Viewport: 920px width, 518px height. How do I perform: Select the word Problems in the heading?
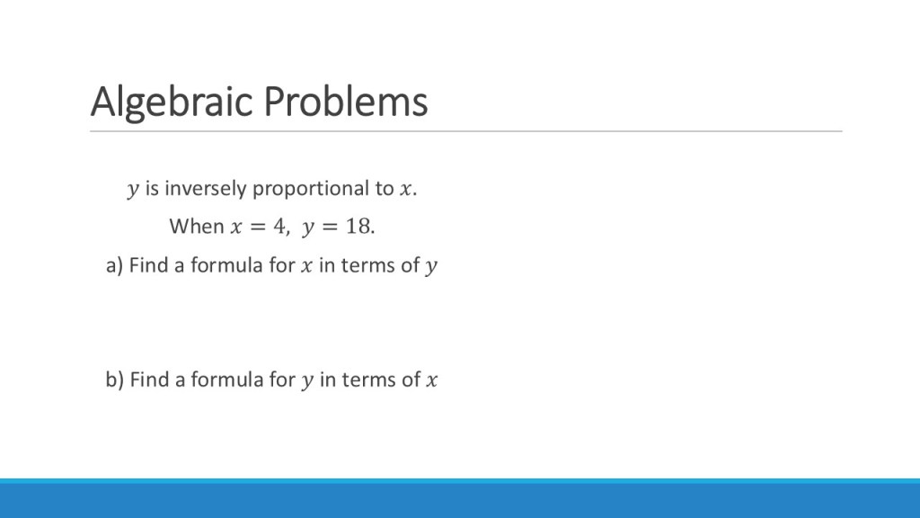click(346, 101)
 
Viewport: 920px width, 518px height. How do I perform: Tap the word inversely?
click(206, 189)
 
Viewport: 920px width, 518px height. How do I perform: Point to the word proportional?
click(311, 189)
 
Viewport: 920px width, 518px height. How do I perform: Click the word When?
click(197, 226)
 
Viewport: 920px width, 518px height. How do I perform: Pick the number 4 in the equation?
click(279, 226)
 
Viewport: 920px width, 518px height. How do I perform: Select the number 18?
click(358, 226)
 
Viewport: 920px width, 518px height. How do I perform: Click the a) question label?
click(114, 265)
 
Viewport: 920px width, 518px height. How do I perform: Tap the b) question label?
click(114, 380)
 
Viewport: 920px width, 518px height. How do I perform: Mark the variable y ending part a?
click(431, 266)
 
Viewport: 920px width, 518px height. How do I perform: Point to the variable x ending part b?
click(432, 380)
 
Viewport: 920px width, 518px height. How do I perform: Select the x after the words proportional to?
click(405, 189)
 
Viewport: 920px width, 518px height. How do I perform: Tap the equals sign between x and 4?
click(258, 227)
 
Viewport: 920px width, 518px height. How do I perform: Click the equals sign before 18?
click(330, 227)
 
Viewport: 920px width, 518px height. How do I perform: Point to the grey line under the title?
click(466, 131)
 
